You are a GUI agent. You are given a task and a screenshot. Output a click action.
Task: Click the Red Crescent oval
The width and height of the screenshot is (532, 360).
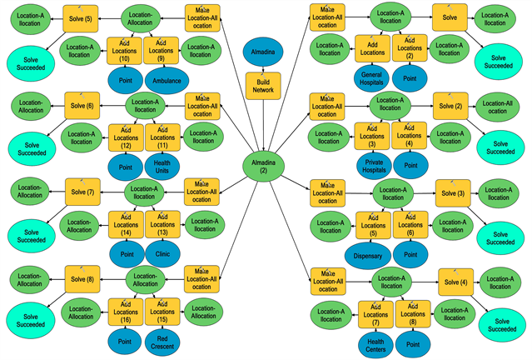click(x=163, y=341)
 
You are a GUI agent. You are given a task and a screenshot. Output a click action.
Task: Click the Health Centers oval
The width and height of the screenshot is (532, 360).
click(x=374, y=341)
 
